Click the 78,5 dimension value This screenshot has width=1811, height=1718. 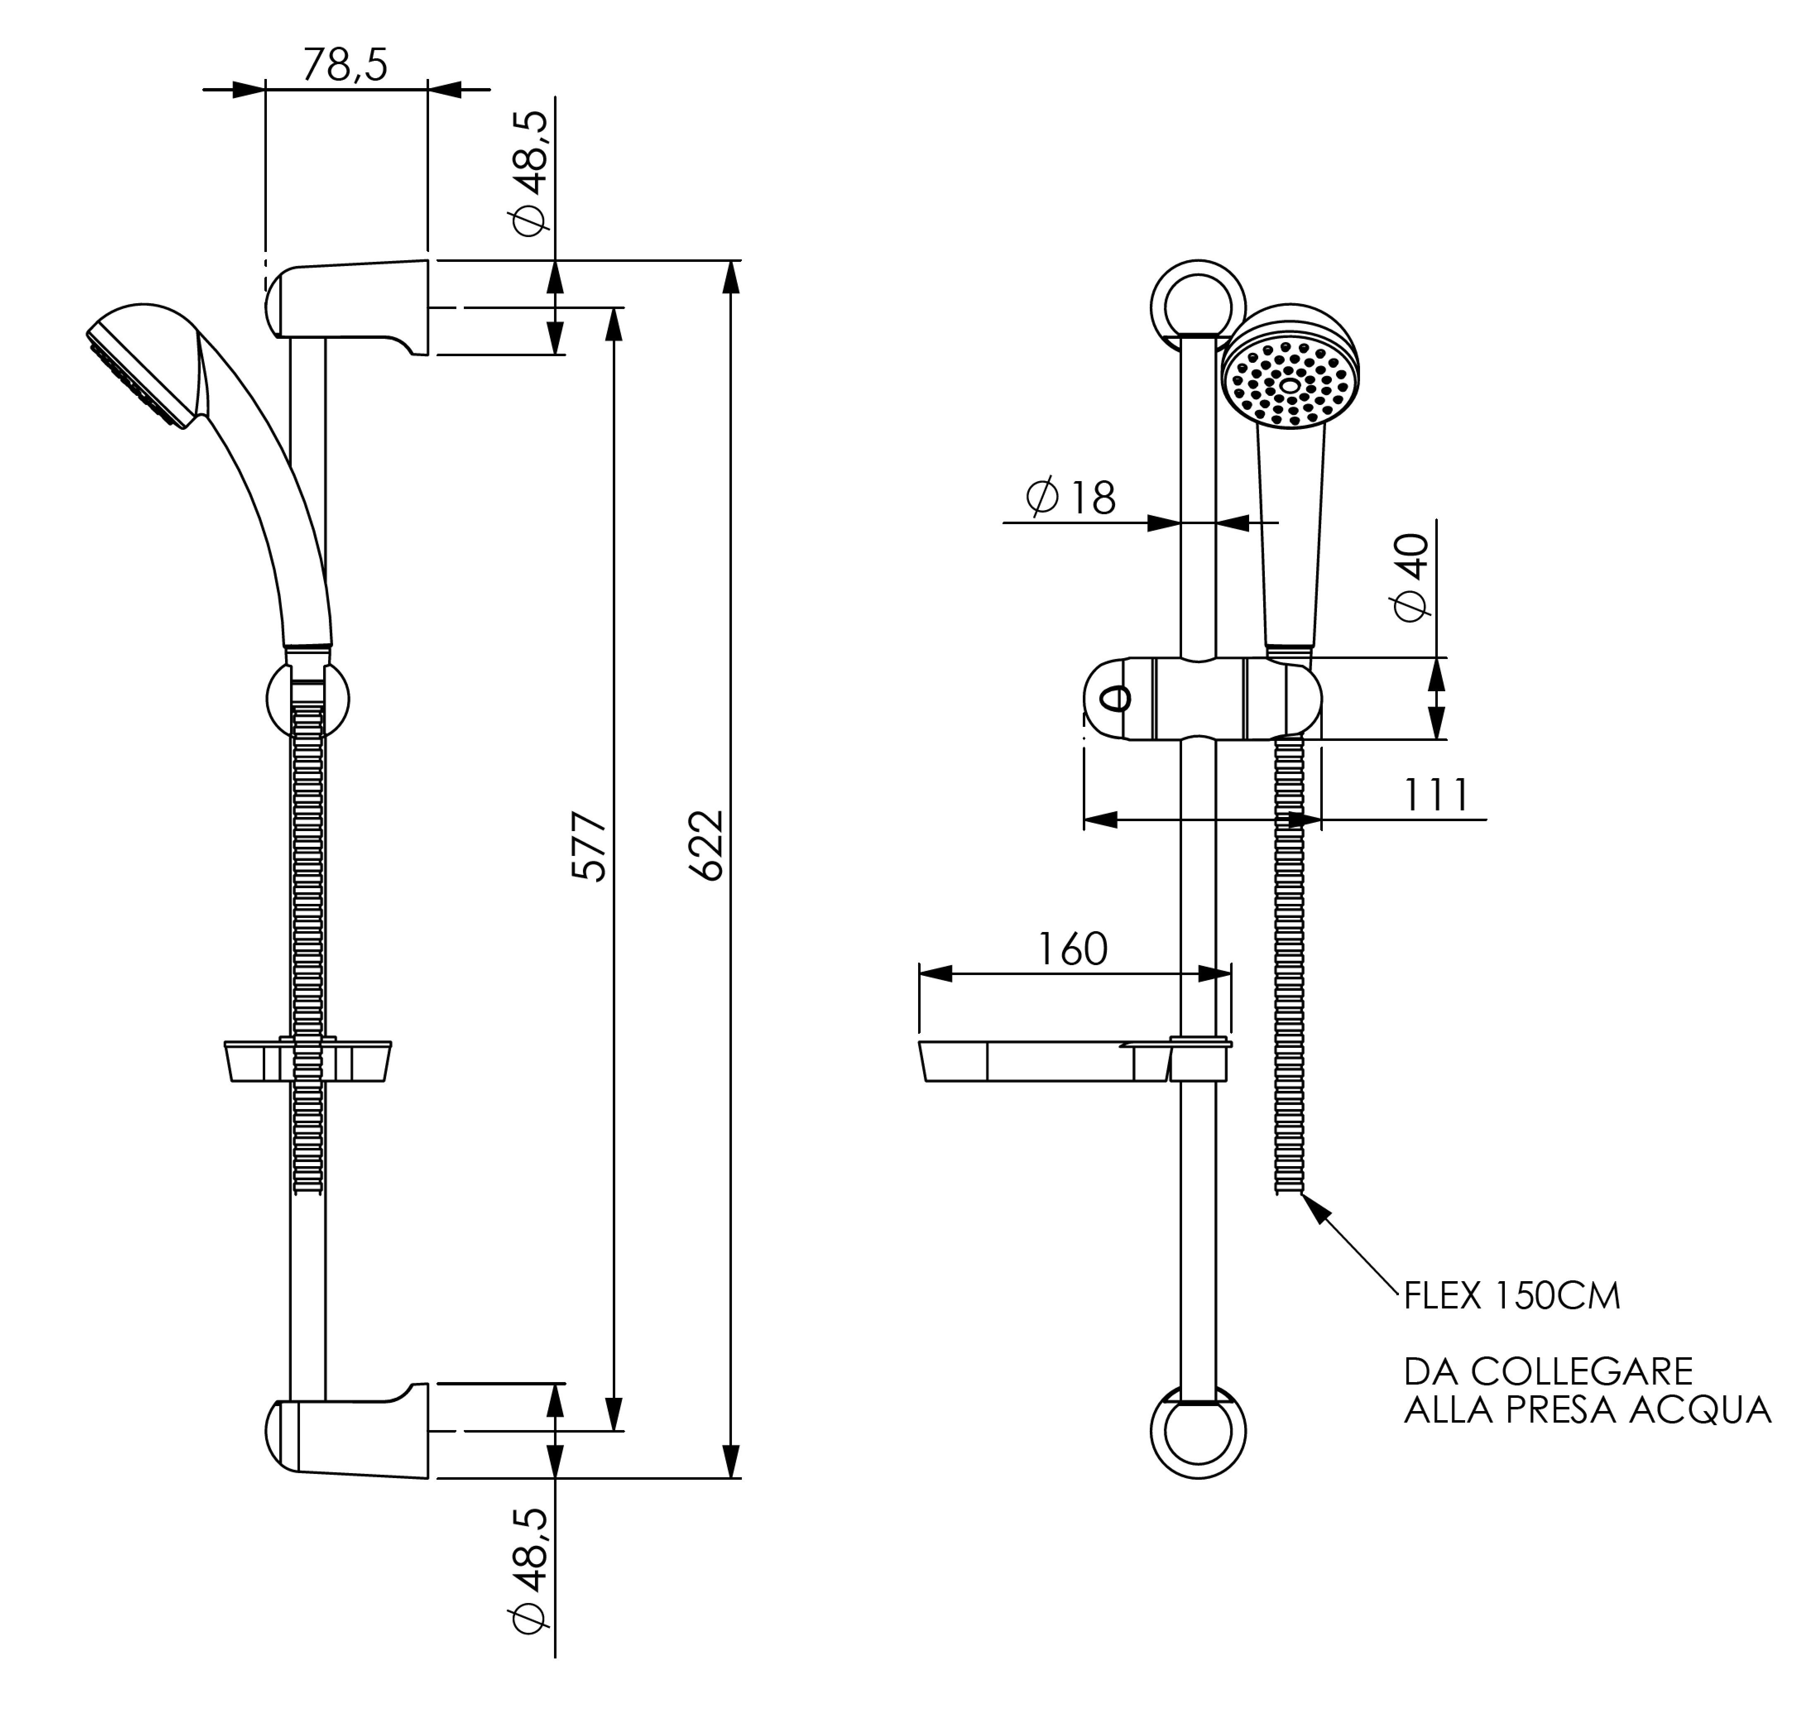(x=345, y=65)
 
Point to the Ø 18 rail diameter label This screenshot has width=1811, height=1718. (x=1071, y=497)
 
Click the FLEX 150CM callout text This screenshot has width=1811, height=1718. (x=1511, y=1296)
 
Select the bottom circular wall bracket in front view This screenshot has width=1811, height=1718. (x=1197, y=1430)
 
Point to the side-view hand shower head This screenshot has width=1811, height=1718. (x=146, y=362)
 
